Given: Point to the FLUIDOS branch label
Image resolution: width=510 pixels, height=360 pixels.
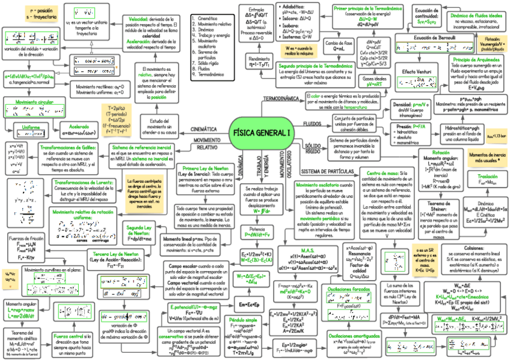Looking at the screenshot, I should coord(312,123).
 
